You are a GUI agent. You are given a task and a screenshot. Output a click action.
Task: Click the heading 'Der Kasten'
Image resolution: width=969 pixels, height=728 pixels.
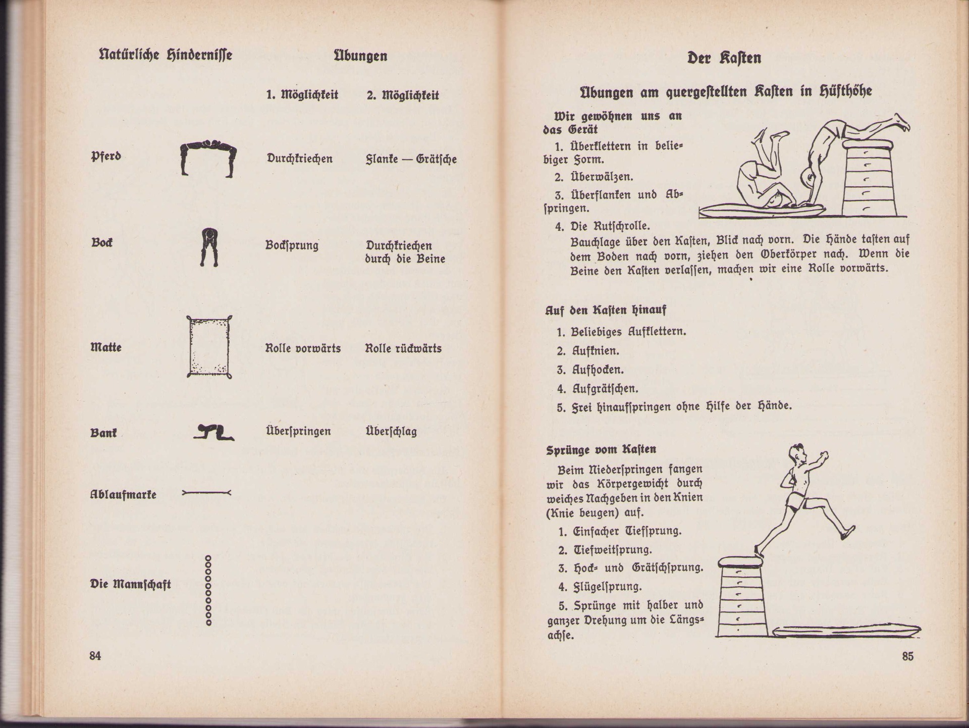pos(724,58)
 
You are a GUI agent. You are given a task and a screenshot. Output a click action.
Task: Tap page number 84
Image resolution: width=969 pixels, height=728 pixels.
pos(95,656)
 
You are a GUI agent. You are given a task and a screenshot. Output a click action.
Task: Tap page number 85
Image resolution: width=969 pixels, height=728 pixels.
pos(907,656)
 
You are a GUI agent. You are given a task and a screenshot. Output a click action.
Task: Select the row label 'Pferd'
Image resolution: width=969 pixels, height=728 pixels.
pos(106,156)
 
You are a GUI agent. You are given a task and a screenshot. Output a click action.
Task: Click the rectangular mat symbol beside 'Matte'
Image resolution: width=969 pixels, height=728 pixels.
pos(209,347)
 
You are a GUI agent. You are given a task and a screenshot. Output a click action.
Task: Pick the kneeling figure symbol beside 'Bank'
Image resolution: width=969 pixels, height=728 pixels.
pos(213,433)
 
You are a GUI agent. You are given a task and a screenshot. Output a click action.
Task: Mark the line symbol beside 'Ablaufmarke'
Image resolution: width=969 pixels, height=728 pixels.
pos(206,492)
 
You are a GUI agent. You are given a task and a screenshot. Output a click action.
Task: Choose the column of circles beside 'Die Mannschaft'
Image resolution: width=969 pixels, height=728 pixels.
pos(208,591)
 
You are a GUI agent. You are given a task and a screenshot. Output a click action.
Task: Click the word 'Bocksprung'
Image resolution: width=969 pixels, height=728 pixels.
pos(292,246)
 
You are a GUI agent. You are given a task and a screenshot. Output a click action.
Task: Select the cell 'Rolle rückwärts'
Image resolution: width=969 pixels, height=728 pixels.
pos(403,348)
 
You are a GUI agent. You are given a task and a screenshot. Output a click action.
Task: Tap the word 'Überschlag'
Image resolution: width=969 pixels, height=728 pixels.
pos(391,432)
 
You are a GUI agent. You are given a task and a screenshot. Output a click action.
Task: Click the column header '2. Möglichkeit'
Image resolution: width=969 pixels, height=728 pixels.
pos(403,95)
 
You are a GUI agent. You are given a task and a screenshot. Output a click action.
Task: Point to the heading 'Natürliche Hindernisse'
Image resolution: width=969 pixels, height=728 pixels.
pos(166,55)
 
